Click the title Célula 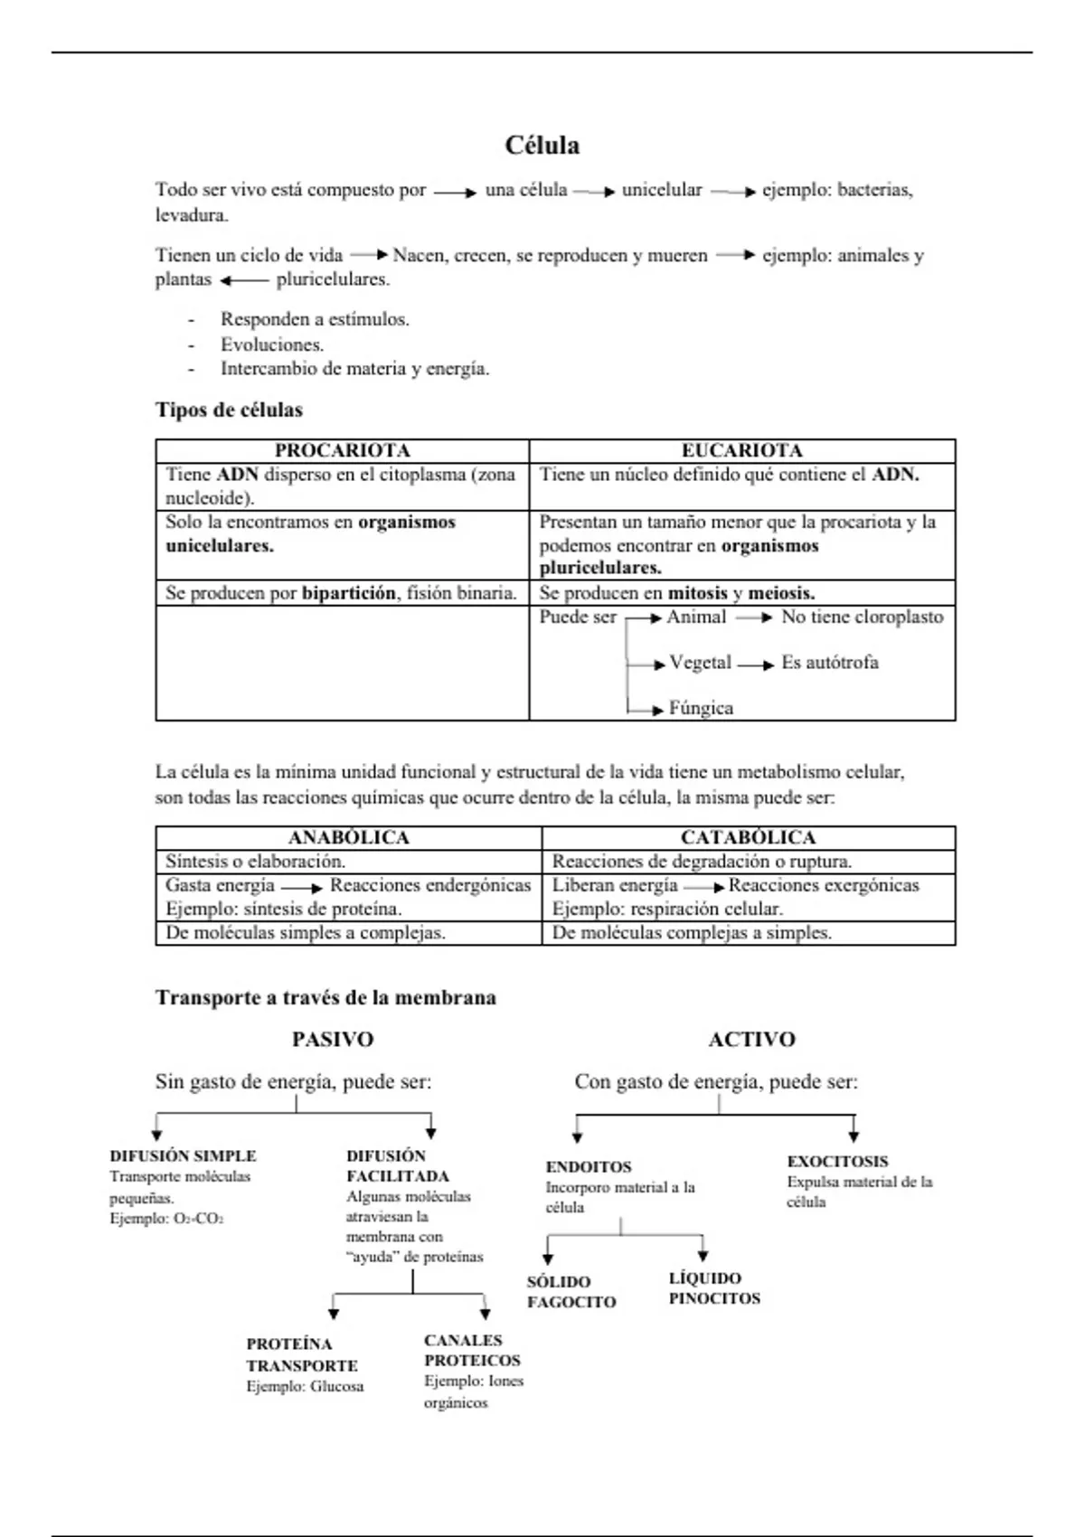(542, 146)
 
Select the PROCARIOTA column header (342, 450)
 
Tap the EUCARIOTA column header (741, 450)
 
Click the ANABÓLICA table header (348, 838)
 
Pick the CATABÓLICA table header (748, 838)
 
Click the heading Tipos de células (229, 410)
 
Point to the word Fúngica (701, 708)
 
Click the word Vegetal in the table (700, 663)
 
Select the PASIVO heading (332, 1040)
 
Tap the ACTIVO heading (751, 1040)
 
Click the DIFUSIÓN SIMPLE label (183, 1156)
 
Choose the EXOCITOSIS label (837, 1162)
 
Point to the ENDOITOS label (589, 1167)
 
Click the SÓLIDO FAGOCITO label (571, 1292)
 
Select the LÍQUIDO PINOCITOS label (713, 1288)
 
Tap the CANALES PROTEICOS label (472, 1351)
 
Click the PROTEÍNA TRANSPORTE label (301, 1355)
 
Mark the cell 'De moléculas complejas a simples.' (692, 933)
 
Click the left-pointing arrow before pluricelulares (244, 281)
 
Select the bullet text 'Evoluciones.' (271, 344)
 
